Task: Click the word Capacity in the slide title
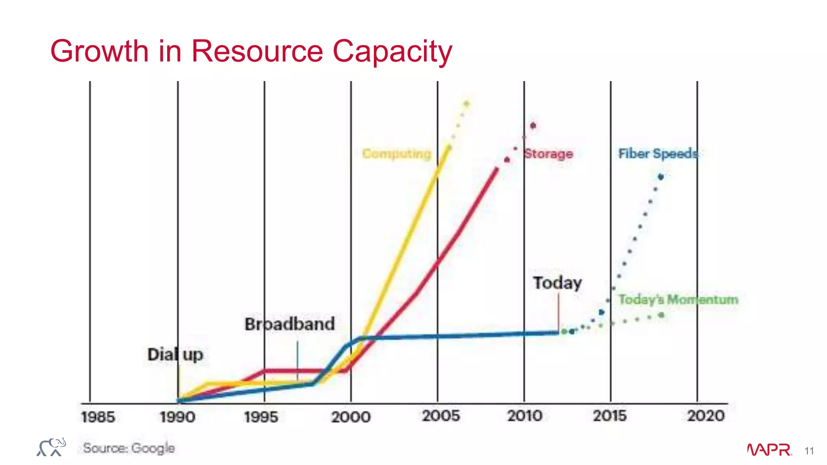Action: pyautogui.click(x=392, y=52)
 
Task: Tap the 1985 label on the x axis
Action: pyautogui.click(x=98, y=417)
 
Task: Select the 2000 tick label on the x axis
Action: pyautogui.click(x=351, y=417)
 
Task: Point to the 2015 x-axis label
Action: pyautogui.click(x=610, y=416)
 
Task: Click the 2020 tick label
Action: pyautogui.click(x=706, y=416)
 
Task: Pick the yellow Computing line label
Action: pyautogui.click(x=397, y=154)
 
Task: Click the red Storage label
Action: pyautogui.click(x=548, y=154)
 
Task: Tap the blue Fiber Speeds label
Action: pyautogui.click(x=658, y=154)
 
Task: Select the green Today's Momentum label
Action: pyautogui.click(x=678, y=300)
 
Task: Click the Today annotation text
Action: pyautogui.click(x=557, y=283)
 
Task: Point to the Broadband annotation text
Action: pyautogui.click(x=290, y=324)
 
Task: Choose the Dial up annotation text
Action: pyautogui.click(x=175, y=355)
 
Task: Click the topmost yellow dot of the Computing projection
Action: pyautogui.click(x=466, y=104)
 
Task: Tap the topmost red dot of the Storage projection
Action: pyautogui.click(x=533, y=126)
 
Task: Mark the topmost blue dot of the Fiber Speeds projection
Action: pyautogui.click(x=661, y=177)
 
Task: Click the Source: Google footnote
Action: pyautogui.click(x=129, y=448)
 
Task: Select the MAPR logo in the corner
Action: pyautogui.click(x=769, y=450)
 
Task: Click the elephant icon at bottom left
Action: pyautogui.click(x=51, y=447)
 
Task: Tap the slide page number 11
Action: pyautogui.click(x=809, y=451)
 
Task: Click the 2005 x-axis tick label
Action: pyautogui.click(x=441, y=416)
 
